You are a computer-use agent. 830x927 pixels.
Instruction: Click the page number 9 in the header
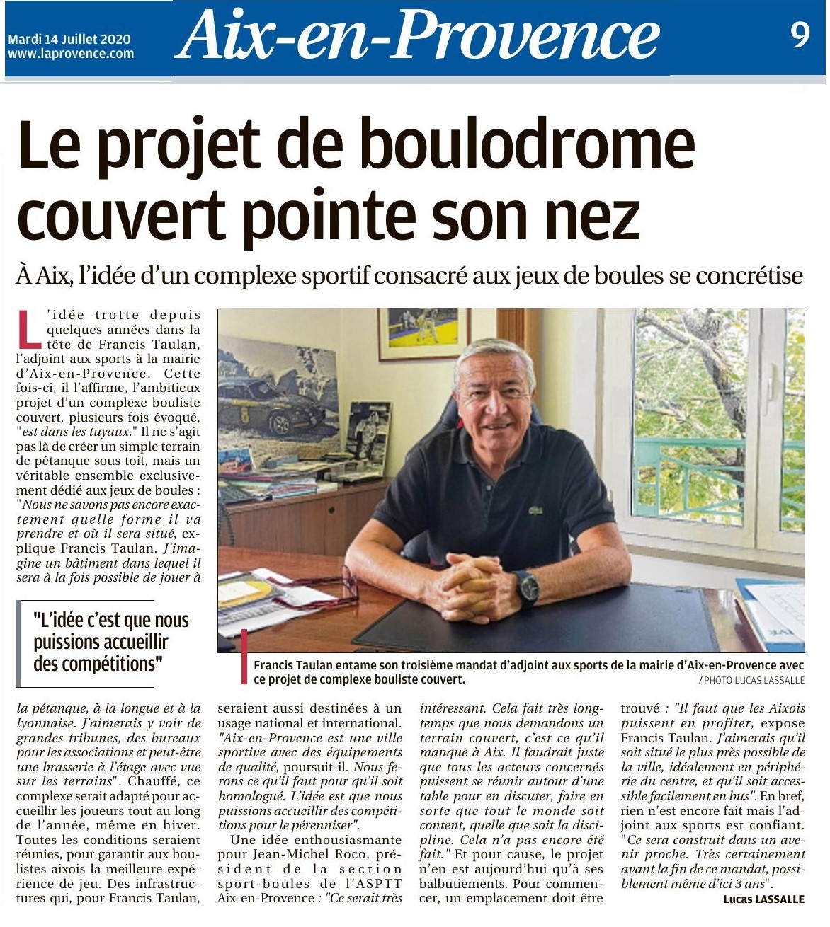click(x=800, y=34)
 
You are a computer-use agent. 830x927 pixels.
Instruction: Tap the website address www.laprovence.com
click(x=71, y=54)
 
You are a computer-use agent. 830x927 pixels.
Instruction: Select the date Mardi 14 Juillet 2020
click(x=69, y=40)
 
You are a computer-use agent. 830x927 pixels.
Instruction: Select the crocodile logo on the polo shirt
click(x=535, y=509)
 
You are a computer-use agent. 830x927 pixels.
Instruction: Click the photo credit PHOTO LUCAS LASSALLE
click(x=752, y=680)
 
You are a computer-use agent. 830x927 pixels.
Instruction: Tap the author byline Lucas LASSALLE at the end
click(x=764, y=899)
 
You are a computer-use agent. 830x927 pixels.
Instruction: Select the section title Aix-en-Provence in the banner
click(x=418, y=35)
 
